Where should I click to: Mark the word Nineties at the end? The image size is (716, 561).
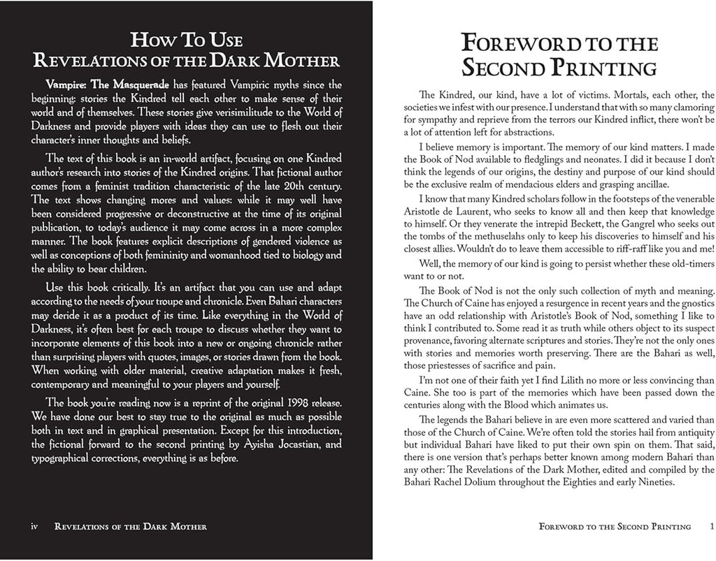pyautogui.click(x=647, y=481)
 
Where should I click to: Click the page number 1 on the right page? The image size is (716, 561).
pyautogui.click(x=710, y=527)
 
